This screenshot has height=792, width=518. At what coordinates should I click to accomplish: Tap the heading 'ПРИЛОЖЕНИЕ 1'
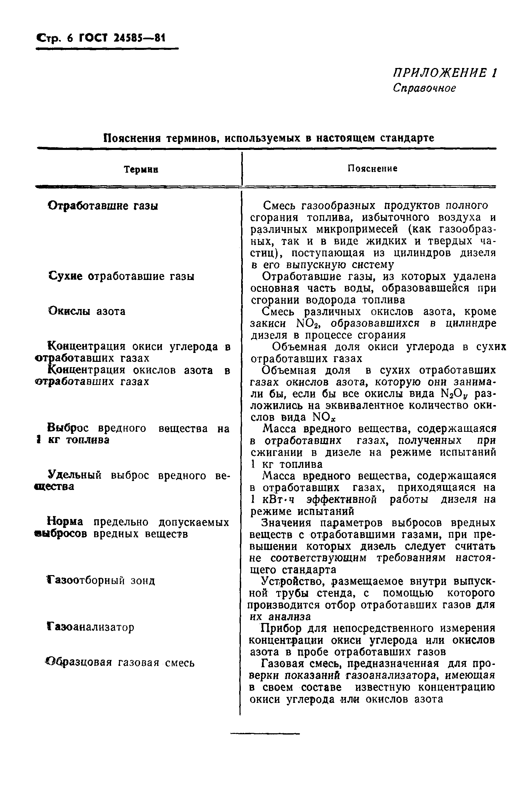(444, 73)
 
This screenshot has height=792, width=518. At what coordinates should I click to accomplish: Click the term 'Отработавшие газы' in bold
(103, 206)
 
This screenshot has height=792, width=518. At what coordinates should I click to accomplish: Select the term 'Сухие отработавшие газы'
(121, 276)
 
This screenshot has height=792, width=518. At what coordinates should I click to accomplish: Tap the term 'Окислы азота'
(87, 311)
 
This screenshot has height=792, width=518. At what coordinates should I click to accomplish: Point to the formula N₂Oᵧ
(454, 394)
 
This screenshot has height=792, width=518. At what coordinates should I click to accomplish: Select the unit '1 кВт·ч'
(273, 499)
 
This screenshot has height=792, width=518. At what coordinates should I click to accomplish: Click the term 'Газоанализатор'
(91, 627)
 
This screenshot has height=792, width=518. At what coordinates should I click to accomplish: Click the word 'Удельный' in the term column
(75, 475)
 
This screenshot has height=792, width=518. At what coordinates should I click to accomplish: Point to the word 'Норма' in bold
(65, 522)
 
